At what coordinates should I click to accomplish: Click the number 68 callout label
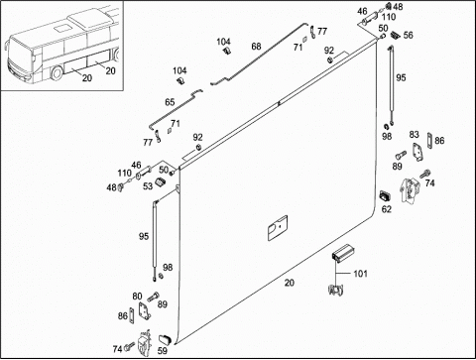pos(256,47)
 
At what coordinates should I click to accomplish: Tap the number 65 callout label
pos(170,102)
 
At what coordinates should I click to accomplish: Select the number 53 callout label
pos(148,186)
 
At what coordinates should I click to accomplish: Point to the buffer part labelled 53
pos(160,182)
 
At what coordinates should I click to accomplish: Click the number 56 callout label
pos(409,36)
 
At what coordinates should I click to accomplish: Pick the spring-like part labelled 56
pos(395,35)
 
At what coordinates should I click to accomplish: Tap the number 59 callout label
pos(163,350)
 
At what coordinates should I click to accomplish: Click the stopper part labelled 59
pos(165,339)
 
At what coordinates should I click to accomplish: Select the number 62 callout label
pos(387,209)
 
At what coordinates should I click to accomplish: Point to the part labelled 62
pos(385,196)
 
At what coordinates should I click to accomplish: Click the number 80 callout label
pos(137,297)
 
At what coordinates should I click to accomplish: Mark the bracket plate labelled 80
pos(145,311)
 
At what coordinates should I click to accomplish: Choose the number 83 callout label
pos(414,135)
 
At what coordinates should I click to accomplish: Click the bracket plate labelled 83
pos(417,152)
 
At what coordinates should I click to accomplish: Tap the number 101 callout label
pos(360,274)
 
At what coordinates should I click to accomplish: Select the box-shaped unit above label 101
pos(343,253)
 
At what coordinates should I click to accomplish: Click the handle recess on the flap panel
pos(277,228)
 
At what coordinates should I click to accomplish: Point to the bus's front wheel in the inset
pos(57,73)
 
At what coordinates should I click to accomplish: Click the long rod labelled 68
pos(260,55)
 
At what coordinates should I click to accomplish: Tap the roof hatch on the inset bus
pos(60,29)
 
